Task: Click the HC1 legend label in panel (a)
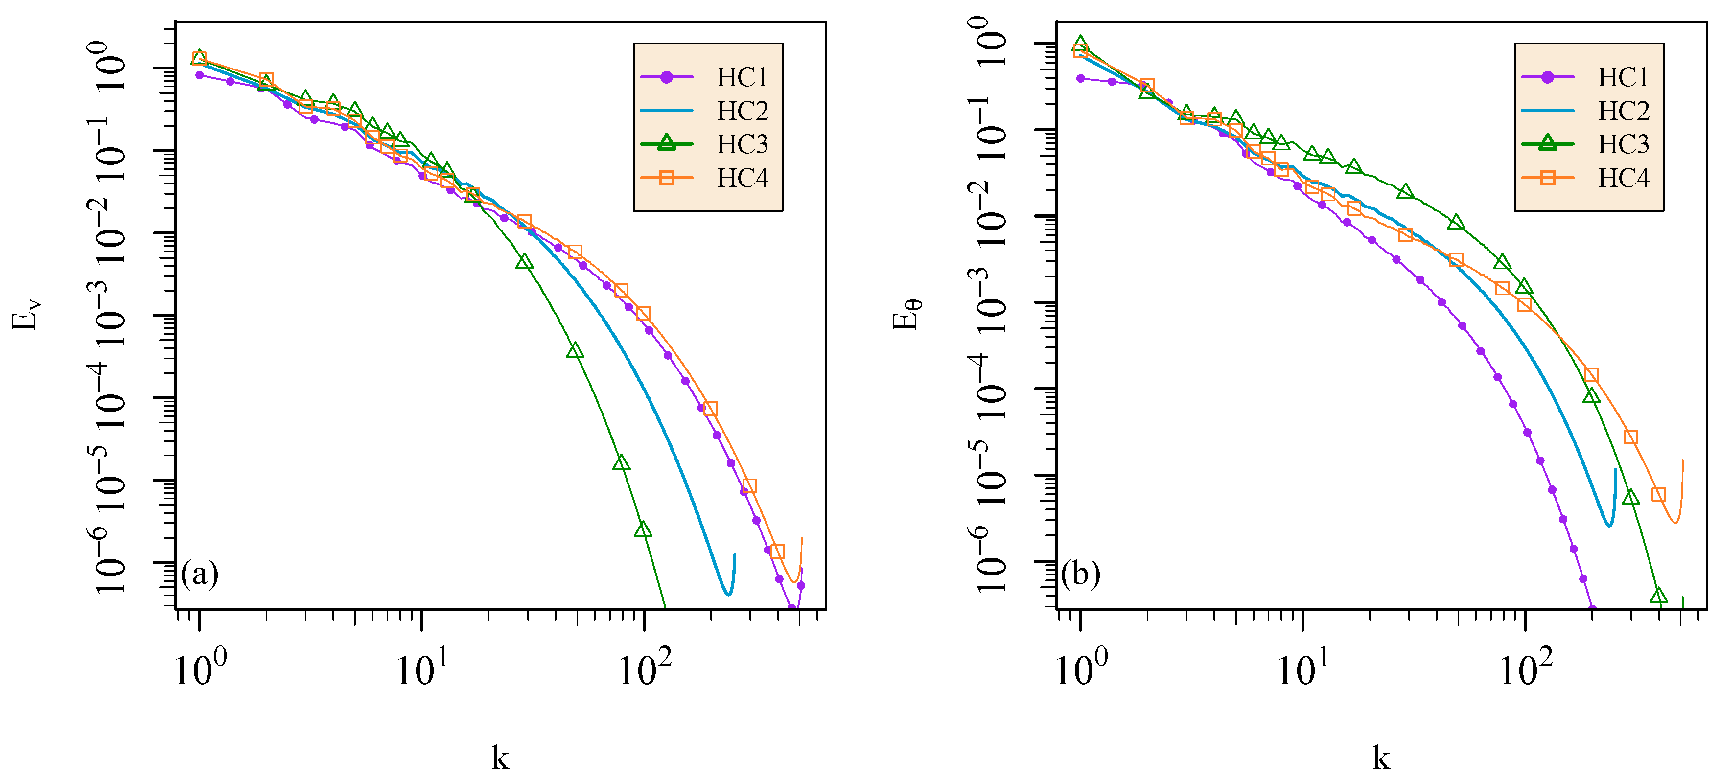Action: click(x=743, y=77)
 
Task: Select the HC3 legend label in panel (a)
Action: click(x=743, y=144)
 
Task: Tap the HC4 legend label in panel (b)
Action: click(x=1623, y=178)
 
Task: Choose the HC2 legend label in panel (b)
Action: click(x=1623, y=111)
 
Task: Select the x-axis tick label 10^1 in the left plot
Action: click(x=422, y=668)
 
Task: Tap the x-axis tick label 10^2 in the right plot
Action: click(x=1525, y=668)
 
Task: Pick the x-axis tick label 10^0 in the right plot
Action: click(x=1080, y=668)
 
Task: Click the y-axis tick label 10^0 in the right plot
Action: click(x=992, y=42)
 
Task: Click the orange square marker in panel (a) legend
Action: click(x=666, y=178)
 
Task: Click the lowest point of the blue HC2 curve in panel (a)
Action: click(x=728, y=594)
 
